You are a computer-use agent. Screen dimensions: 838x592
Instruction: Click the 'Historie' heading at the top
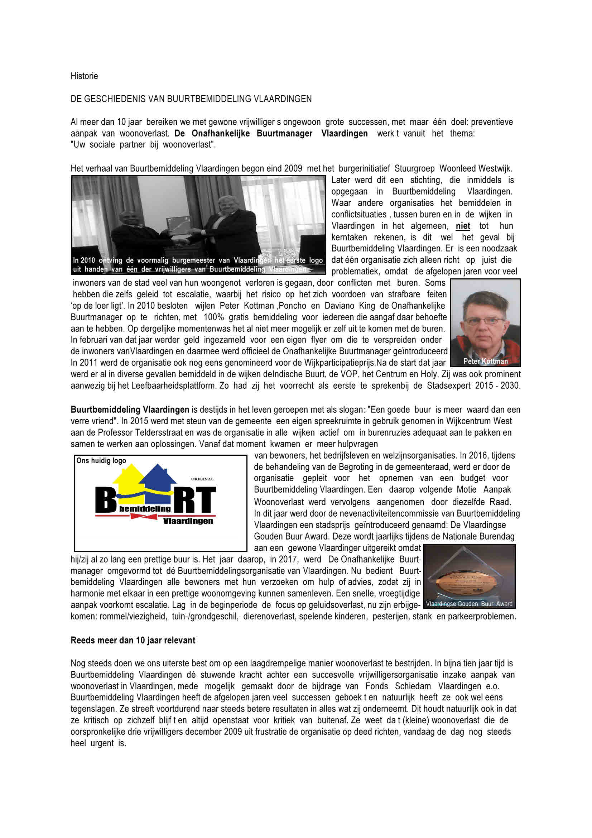coord(84,76)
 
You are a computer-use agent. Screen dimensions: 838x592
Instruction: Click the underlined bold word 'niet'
coord(463,226)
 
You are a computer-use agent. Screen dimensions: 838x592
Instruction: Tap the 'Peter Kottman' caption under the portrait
coord(486,361)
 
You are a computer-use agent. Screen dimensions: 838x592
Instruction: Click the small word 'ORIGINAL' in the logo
coord(202,479)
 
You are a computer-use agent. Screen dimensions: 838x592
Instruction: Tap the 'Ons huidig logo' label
coord(101,461)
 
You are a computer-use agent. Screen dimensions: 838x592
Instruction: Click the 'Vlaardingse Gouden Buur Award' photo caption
coord(469,604)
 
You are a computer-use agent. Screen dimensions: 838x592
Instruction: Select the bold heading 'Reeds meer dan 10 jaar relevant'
coord(133,640)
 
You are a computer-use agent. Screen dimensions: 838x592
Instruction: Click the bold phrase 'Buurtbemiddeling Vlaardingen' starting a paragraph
coord(130,410)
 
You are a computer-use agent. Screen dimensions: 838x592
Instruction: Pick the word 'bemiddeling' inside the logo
coord(145,508)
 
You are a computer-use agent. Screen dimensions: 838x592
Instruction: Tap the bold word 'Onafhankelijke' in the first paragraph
coord(221,133)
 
